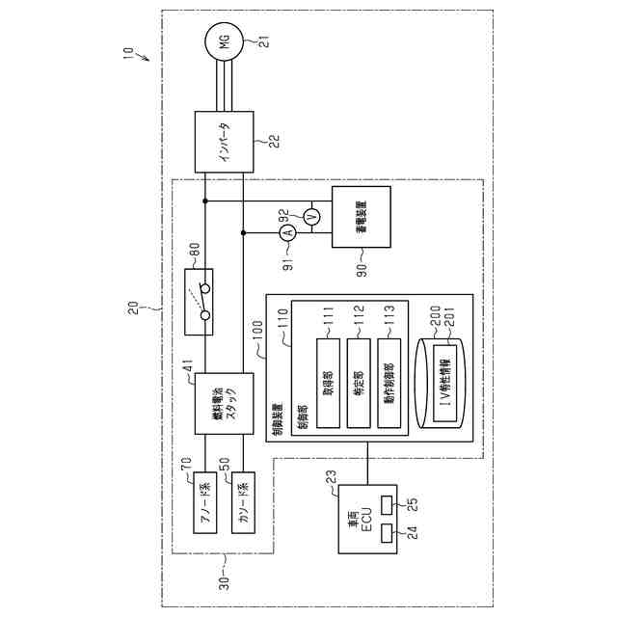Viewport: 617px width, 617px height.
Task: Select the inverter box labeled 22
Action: (224, 140)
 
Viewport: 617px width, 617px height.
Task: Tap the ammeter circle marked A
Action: (286, 232)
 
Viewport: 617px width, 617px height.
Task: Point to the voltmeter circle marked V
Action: (310, 218)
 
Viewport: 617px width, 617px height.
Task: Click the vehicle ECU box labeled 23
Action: (365, 519)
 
